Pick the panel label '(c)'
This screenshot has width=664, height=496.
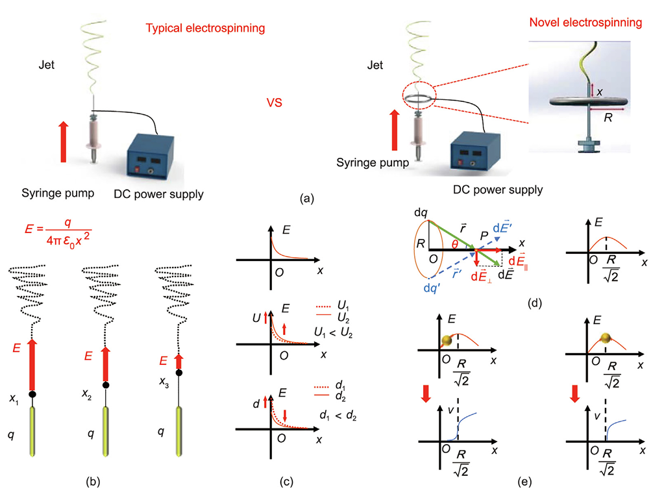click(x=286, y=482)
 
